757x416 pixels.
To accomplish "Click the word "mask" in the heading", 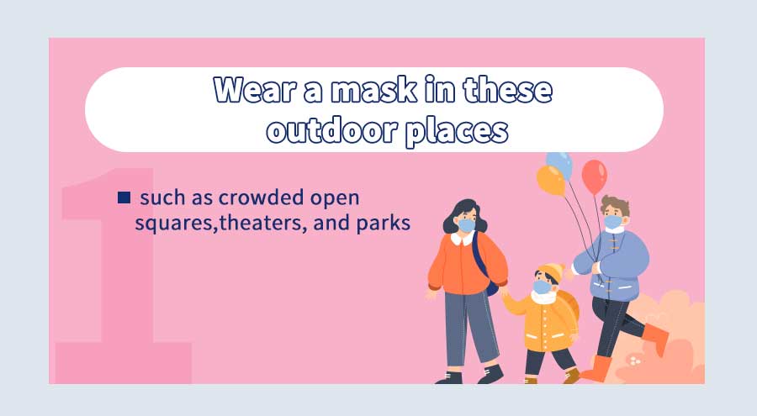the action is coord(373,90).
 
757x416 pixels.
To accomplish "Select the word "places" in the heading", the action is coord(456,132).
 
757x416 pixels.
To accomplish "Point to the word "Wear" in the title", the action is coord(253,90).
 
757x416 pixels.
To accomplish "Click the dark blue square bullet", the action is coord(124,197).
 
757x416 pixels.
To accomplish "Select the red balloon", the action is coord(594,176).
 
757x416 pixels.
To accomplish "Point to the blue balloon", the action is coord(560,163).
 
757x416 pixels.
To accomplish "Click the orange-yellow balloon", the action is coord(551,180).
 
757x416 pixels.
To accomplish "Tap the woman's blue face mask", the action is coord(466,225).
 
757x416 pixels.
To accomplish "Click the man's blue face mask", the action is coord(613,222).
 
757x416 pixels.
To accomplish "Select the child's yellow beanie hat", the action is coord(551,271).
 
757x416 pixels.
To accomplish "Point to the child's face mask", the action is coord(543,287).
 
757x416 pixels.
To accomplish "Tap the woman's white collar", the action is coord(463,238).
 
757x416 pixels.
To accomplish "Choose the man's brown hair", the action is coord(615,204).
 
